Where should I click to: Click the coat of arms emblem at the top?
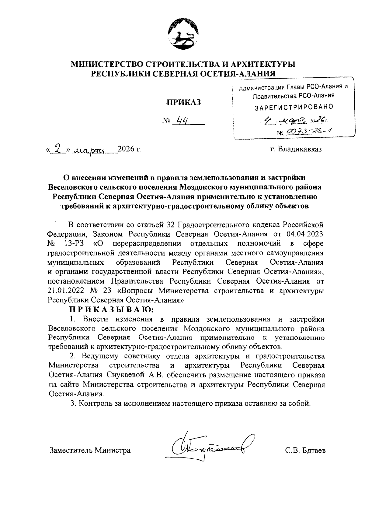pyautogui.click(x=183, y=34)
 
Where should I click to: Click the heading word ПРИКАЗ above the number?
pyautogui.click(x=183, y=103)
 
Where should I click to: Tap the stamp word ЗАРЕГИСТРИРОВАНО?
pyautogui.click(x=294, y=107)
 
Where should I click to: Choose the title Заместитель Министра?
pyautogui.click(x=90, y=451)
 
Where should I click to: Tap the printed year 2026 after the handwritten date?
pyautogui.click(x=126, y=149)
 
